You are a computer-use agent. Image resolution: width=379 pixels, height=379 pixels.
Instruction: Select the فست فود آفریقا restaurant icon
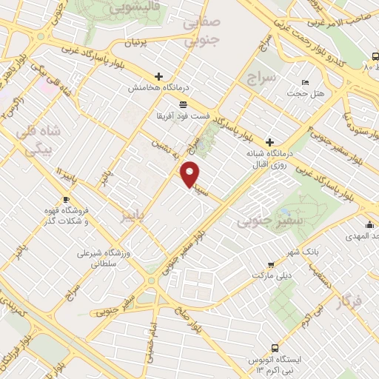[x=183, y=104]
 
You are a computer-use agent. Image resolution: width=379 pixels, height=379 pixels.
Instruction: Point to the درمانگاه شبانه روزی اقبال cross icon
[x=269, y=141]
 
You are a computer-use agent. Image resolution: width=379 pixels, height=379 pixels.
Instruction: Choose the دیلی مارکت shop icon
[x=270, y=264]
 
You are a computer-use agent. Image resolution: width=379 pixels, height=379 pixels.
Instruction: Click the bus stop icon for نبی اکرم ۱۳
[x=275, y=347]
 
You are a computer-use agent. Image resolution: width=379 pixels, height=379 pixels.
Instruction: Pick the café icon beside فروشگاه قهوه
[x=66, y=200]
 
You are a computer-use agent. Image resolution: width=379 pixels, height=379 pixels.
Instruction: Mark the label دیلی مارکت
[x=278, y=275]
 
